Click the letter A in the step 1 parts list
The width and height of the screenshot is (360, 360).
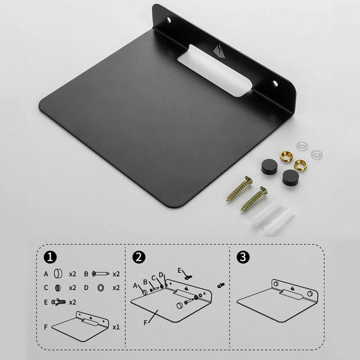[x=46, y=274]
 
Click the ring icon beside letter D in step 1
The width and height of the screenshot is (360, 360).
[x=100, y=288]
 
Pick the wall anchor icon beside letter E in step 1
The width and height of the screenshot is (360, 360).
[x=59, y=302]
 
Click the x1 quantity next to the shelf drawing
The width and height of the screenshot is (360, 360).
[x=116, y=327]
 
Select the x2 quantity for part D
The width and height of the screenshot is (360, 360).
[x=116, y=288]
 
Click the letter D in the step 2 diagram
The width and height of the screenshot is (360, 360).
[x=161, y=275]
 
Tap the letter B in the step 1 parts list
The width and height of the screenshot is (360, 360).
[x=87, y=274]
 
